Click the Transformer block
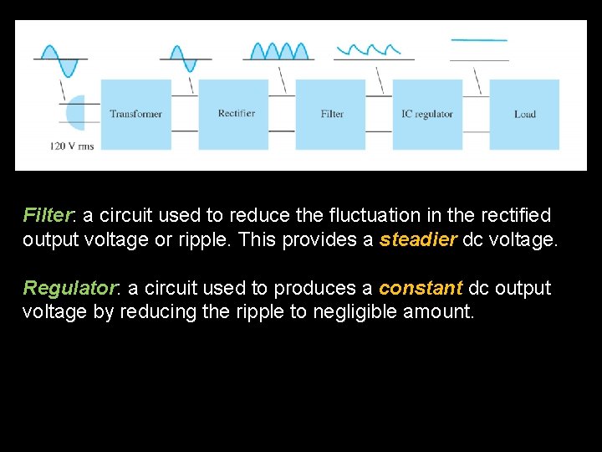click(135, 114)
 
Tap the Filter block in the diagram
click(331, 114)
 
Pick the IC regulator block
click(427, 114)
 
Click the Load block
click(524, 114)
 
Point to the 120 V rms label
click(72, 146)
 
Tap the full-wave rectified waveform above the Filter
click(278, 51)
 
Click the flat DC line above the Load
click(479, 40)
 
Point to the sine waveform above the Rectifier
click(183, 58)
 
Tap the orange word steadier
click(418, 239)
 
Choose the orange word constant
click(421, 288)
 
